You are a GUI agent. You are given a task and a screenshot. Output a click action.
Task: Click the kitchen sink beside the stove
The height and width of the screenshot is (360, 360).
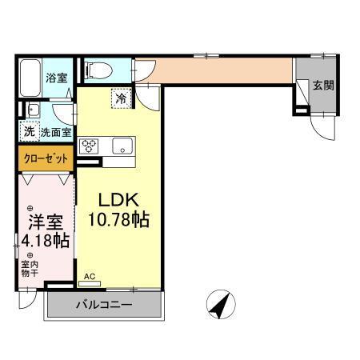pos(122,146)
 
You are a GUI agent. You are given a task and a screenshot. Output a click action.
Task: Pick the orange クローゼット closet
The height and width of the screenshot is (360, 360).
pos(46,158)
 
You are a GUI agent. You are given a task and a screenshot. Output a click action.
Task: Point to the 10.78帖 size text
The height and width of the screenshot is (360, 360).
pos(121,218)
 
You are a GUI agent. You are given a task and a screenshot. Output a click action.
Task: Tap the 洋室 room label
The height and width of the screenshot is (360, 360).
pos(42,218)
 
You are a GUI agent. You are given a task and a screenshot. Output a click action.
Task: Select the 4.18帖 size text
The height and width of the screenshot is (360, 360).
pos(44,238)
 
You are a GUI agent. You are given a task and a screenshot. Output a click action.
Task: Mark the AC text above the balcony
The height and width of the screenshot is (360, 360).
pos(90,277)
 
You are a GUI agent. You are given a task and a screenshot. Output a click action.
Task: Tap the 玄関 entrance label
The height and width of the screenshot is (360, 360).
pos(322,86)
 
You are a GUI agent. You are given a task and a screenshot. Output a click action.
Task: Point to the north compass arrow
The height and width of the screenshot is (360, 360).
pos(216,305)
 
